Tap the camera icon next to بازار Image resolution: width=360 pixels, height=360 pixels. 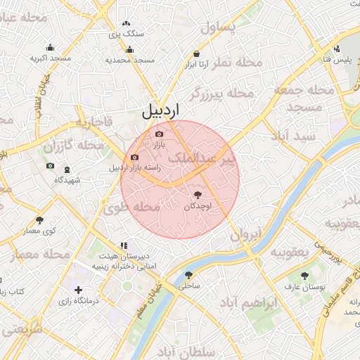coord(159,134)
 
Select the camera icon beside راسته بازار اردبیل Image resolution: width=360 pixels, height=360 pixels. coord(134,157)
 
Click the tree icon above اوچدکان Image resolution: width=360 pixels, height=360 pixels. coord(196,195)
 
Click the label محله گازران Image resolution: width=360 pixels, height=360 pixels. coord(73,146)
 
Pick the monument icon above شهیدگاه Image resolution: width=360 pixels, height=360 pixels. coord(67,170)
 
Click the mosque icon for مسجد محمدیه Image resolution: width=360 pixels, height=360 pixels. coord(129,49)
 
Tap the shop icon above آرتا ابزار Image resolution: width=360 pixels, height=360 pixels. coord(195,53)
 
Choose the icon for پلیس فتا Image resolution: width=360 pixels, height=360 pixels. coord(337,49)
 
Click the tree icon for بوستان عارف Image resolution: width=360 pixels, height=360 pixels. coord(304,276)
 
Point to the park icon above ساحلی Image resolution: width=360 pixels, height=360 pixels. coord(188,275)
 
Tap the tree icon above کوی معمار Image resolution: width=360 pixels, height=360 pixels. coord(39,220)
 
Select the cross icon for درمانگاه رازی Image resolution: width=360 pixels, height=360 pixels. coord(78,290)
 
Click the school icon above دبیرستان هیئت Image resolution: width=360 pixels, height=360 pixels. coord(124,245)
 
